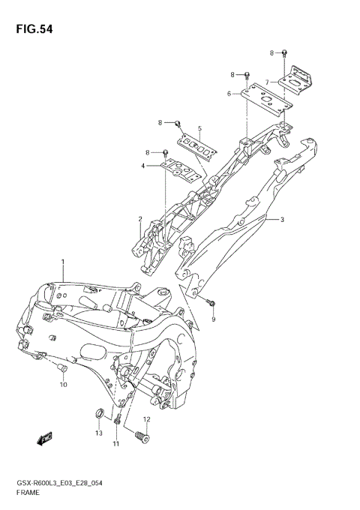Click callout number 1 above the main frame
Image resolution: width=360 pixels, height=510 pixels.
click(x=64, y=262)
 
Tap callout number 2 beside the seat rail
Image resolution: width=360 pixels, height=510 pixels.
click(x=139, y=219)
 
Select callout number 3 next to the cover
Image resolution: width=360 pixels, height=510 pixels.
click(x=282, y=220)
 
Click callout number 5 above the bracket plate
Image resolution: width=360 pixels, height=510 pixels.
click(x=199, y=129)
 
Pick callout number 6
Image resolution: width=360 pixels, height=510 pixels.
click(x=229, y=94)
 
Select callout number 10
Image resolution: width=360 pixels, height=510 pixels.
click(x=64, y=385)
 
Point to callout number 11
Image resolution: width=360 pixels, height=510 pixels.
click(x=116, y=444)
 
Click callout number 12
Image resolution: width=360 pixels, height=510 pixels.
click(x=147, y=419)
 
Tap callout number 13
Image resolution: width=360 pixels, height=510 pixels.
click(x=98, y=433)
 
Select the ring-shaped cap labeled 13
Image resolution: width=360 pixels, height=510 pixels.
click(x=97, y=414)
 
